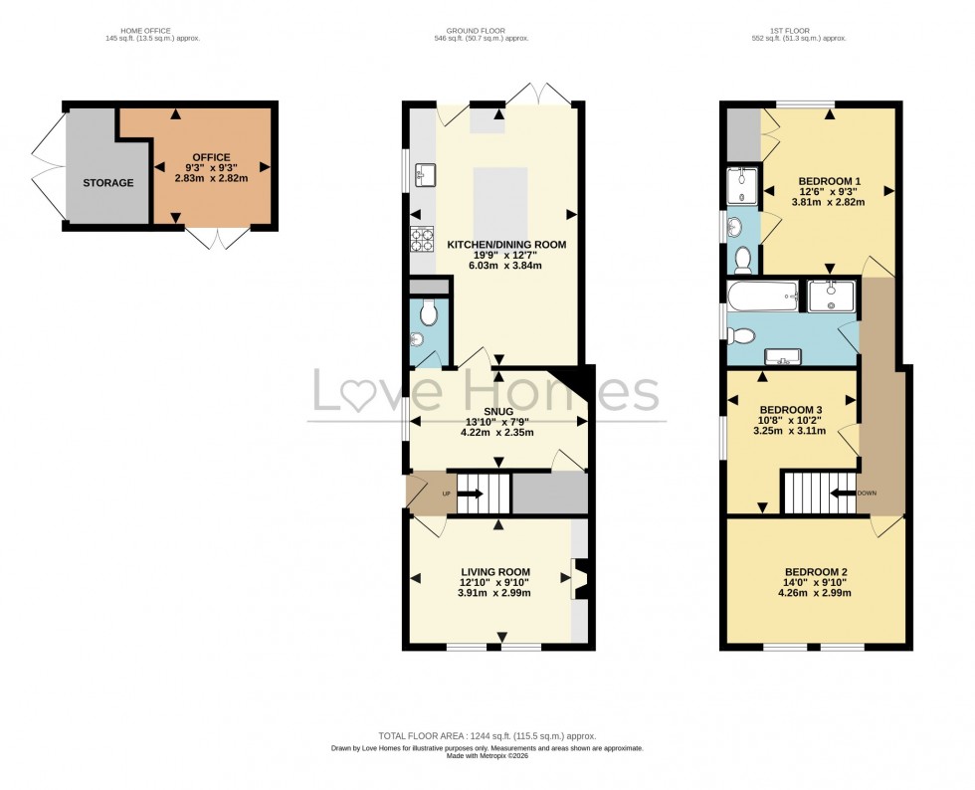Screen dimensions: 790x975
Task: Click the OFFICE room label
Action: tap(211, 157)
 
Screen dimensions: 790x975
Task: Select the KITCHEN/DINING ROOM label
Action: tap(506, 245)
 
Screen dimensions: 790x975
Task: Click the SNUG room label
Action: tap(500, 411)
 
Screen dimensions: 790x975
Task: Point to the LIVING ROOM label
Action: tap(495, 571)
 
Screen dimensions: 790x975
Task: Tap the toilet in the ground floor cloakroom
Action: tap(429, 315)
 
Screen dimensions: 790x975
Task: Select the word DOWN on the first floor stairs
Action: tap(867, 493)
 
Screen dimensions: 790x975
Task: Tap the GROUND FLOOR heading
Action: tap(487, 31)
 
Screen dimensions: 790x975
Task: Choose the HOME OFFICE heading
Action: tap(140, 31)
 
